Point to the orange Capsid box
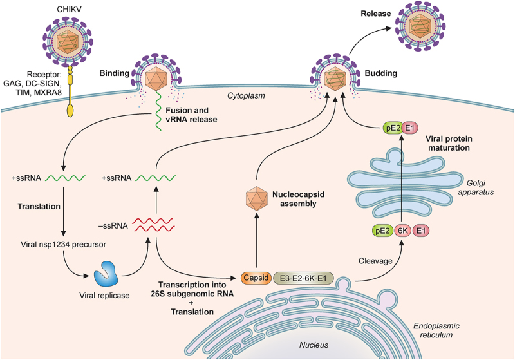point(256,278)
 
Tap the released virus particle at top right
point(426,27)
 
